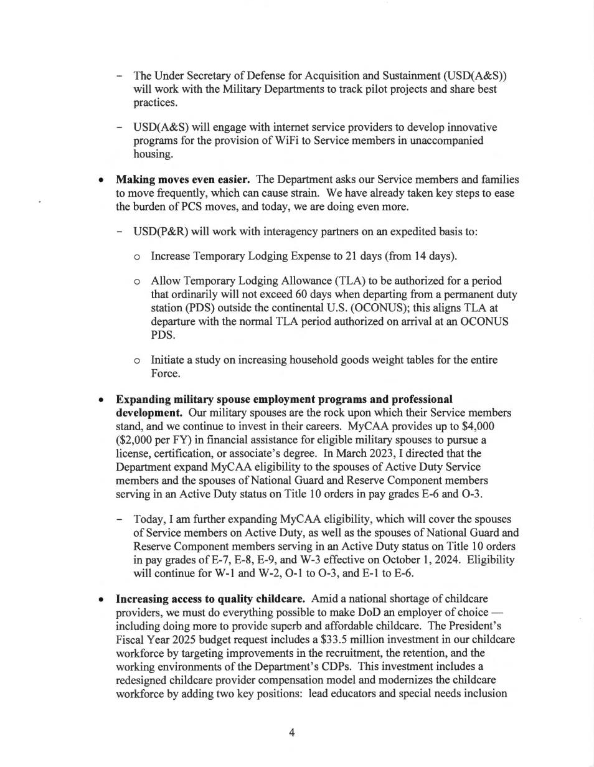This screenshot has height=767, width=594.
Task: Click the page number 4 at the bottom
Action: point(291,733)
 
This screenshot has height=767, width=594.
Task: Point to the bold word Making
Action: point(134,180)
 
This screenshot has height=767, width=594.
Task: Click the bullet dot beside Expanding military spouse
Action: point(100,399)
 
